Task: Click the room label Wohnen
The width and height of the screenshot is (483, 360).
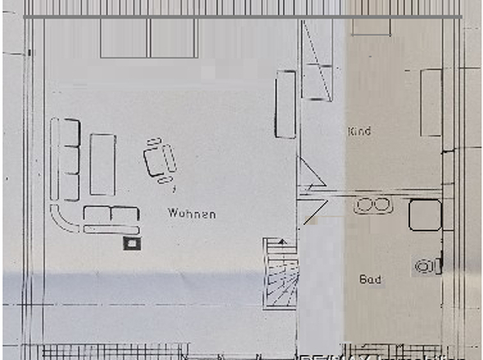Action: click(192, 214)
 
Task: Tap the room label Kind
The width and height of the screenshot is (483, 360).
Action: click(359, 131)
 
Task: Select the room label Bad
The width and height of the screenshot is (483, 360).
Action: click(370, 279)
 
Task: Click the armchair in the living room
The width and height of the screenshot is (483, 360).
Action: click(160, 160)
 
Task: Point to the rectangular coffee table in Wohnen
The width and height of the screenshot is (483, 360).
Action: click(103, 164)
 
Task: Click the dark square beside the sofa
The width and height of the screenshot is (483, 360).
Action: click(132, 244)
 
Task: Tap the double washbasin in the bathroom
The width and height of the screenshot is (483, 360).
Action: click(373, 205)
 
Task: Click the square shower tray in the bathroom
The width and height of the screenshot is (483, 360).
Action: click(425, 215)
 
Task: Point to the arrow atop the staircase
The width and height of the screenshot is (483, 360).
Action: click(282, 241)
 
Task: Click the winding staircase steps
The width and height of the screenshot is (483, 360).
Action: click(281, 272)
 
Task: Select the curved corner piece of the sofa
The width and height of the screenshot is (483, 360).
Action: click(64, 219)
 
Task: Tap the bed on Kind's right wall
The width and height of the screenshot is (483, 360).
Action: click(431, 103)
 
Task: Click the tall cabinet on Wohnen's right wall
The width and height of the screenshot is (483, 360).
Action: click(286, 105)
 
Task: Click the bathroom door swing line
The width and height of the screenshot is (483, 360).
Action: click(316, 212)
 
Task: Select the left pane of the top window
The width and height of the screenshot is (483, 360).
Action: click(124, 38)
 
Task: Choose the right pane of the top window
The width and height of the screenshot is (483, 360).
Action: click(174, 38)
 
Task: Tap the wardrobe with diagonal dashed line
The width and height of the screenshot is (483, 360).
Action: click(317, 60)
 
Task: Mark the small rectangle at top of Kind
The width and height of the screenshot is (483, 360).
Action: click(371, 27)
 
